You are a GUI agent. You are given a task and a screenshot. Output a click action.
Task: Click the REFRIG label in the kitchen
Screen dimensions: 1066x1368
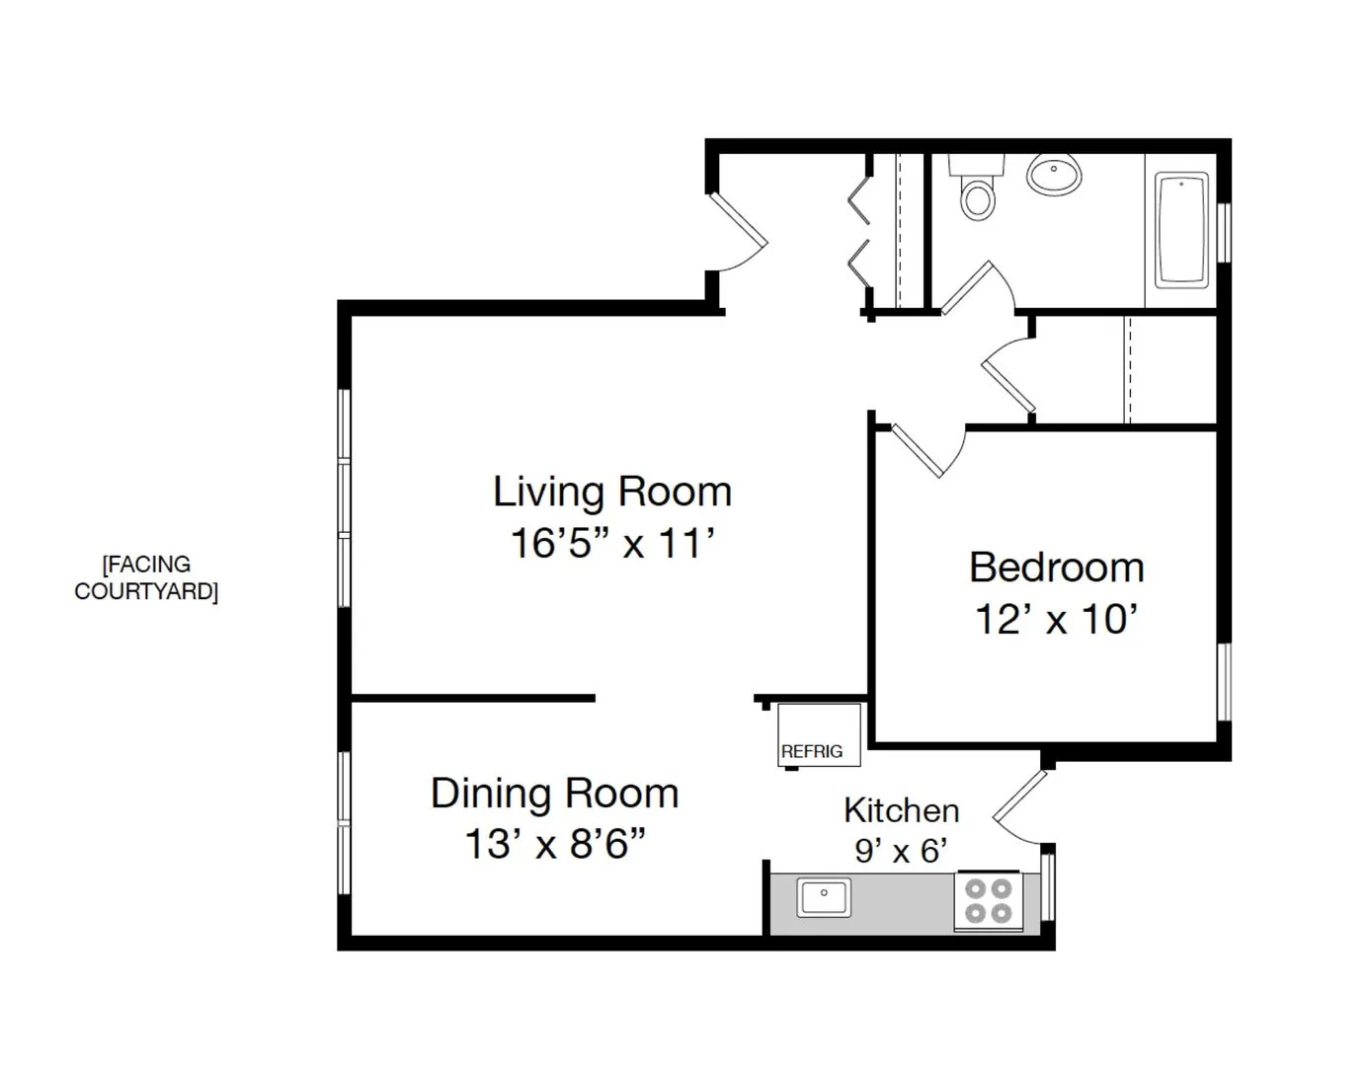(812, 751)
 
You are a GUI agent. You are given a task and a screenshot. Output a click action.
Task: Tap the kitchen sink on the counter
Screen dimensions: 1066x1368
(824, 897)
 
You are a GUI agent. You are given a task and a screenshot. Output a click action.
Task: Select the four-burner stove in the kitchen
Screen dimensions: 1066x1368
(988, 901)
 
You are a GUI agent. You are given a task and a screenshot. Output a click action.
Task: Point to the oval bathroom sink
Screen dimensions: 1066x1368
(1054, 176)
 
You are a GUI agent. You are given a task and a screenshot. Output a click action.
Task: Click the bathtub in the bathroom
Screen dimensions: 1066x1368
(1181, 230)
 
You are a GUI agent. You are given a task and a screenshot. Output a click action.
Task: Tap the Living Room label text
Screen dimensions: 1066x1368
(612, 492)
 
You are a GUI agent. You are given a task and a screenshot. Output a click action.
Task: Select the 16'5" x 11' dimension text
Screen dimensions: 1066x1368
(612, 544)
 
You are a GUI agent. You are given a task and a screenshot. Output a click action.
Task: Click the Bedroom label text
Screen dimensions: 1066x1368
(1056, 568)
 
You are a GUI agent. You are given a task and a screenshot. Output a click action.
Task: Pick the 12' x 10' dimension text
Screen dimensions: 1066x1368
(1056, 620)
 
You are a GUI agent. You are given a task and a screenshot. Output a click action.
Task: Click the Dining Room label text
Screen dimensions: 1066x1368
(554, 794)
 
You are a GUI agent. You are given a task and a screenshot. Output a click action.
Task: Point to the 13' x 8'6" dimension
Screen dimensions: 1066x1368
(554, 845)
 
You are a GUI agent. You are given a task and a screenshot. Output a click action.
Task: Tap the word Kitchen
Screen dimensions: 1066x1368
(901, 810)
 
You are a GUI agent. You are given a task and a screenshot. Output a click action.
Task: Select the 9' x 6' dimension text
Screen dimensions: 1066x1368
(901, 850)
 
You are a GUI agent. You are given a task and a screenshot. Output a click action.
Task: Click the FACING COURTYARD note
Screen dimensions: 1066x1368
(146, 577)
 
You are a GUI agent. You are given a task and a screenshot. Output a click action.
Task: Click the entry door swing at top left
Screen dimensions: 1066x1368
(739, 232)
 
